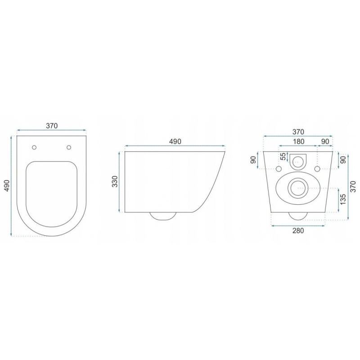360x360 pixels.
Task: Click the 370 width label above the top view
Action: coord(52,126)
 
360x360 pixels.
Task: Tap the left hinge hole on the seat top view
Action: coord(35,147)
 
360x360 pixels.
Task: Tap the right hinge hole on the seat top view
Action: coord(69,147)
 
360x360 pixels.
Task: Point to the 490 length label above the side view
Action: coord(175,141)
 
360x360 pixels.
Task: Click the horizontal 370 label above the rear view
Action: coord(297,131)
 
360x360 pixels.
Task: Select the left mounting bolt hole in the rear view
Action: coord(278,169)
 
